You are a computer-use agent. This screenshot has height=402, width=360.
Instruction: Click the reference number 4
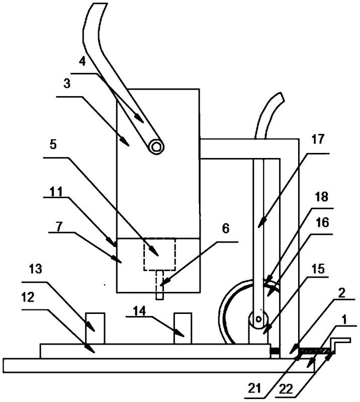pyautogui.click(x=82, y=62)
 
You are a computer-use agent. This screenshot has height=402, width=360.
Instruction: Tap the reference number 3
pyautogui.click(x=67, y=84)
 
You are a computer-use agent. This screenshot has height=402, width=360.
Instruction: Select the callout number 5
pyautogui.click(x=53, y=144)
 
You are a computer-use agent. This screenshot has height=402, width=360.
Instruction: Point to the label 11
pyautogui.click(x=56, y=191)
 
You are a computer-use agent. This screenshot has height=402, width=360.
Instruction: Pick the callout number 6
pyautogui.click(x=225, y=229)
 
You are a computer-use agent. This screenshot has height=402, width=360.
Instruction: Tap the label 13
pyautogui.click(x=35, y=269)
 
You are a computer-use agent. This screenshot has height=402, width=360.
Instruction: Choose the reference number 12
pyautogui.click(x=28, y=297)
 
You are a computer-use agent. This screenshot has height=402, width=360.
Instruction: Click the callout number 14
pyautogui.click(x=139, y=311)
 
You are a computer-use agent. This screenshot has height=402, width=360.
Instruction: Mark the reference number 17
pyautogui.click(x=318, y=139)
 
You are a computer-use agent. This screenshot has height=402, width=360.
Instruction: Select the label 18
pyautogui.click(x=322, y=197)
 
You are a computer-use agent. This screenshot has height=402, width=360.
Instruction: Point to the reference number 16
pyautogui.click(x=323, y=222)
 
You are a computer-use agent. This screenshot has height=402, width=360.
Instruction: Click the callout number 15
pyautogui.click(x=318, y=269)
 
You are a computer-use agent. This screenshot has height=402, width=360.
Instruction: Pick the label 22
pyautogui.click(x=286, y=389)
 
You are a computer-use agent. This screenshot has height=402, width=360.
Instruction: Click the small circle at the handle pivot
pyautogui.click(x=156, y=146)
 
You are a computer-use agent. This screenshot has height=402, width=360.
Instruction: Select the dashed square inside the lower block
pyautogui.click(x=159, y=254)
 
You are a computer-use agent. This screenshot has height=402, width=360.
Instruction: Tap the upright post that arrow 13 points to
pyautogui.click(x=95, y=328)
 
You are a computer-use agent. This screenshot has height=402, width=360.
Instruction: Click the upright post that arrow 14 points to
pyautogui.click(x=183, y=328)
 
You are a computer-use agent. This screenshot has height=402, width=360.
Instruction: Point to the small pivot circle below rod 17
pyautogui.click(x=258, y=319)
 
